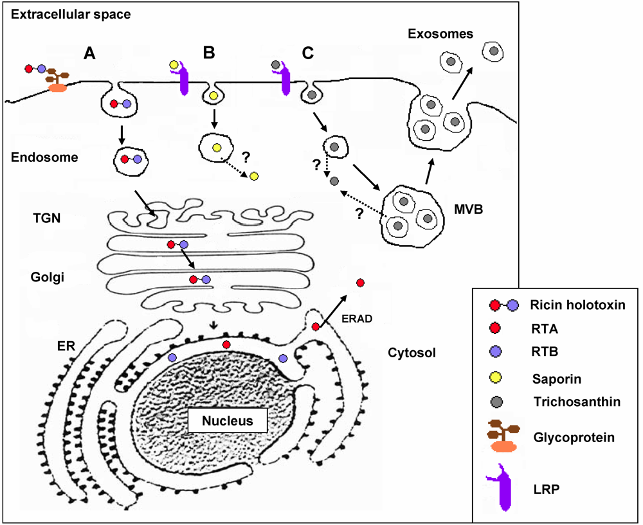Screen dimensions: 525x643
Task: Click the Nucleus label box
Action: point(227,422)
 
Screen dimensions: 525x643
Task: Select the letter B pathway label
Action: point(209,53)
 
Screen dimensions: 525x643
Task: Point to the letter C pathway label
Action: point(308,53)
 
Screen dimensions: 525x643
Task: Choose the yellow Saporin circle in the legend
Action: point(495,378)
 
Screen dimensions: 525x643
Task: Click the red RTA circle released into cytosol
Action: point(360,283)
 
